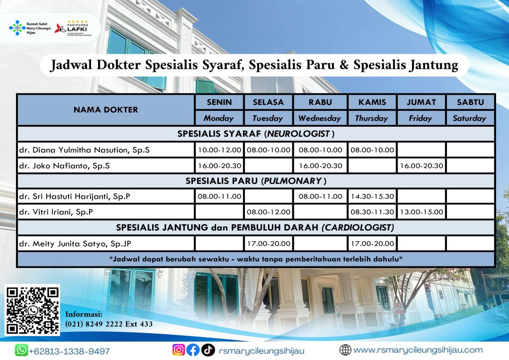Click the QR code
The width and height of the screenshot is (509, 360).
[x=32, y=310]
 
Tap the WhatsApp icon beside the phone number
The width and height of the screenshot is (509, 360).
[x=21, y=350]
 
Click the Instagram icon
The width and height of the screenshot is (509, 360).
[x=178, y=350]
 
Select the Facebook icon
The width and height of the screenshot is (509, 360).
[x=193, y=350]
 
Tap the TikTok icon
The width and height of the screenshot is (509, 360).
[x=208, y=350]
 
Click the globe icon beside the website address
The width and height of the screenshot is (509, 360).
[x=345, y=350]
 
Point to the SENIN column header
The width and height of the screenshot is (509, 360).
[x=219, y=102]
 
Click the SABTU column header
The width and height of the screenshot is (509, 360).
[x=470, y=102]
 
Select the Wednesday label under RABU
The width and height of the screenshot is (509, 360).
[x=320, y=118]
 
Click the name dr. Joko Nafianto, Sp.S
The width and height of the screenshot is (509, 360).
[x=64, y=166]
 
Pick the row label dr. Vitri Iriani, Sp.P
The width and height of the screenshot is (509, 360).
[x=56, y=212]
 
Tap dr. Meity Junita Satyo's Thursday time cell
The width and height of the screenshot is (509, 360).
[x=372, y=244]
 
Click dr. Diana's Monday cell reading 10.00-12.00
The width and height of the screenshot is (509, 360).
[x=219, y=150]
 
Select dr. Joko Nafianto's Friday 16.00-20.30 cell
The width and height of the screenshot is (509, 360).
[x=422, y=166]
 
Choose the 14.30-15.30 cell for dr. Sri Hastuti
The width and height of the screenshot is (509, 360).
[x=372, y=196]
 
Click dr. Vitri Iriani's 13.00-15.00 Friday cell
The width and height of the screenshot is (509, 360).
[x=422, y=212]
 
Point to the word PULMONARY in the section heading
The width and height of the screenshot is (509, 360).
[x=292, y=181]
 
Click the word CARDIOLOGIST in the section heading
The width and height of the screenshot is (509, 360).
[x=358, y=228]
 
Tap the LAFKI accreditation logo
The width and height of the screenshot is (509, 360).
[x=74, y=28]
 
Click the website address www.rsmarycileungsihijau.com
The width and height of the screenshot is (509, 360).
[x=418, y=350]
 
